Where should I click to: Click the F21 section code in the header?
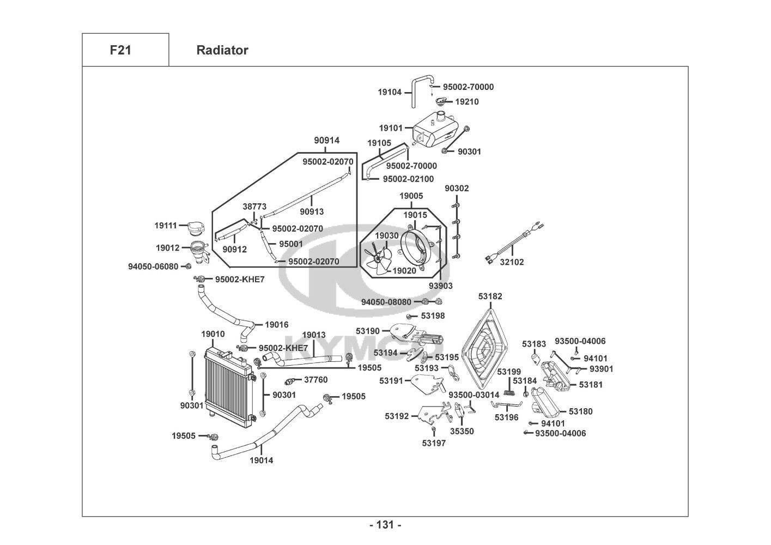click(120, 50)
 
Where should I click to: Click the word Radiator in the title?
click(222, 50)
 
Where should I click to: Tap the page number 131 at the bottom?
click(385, 525)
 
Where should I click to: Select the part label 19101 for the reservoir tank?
click(391, 129)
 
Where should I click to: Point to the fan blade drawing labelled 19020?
click(377, 261)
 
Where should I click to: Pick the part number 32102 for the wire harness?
click(512, 262)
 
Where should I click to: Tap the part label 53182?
click(490, 296)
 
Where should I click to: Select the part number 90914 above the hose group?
click(326, 141)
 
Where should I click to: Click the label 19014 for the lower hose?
click(262, 461)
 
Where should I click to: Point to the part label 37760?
click(315, 380)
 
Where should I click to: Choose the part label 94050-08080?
click(386, 302)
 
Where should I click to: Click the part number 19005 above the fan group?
click(411, 196)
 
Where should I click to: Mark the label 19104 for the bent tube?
click(390, 92)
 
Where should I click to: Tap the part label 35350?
click(462, 431)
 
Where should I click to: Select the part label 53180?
click(580, 411)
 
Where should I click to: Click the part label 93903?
click(440, 286)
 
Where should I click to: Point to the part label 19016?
click(277, 325)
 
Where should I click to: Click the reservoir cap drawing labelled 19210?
click(442, 100)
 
